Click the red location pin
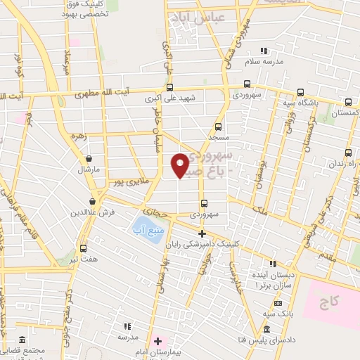click(x=180, y=164)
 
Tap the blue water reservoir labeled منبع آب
click(x=145, y=226)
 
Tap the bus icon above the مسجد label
click(x=218, y=127)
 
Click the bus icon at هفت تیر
click(x=84, y=247)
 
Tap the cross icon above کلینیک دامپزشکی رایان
click(x=201, y=233)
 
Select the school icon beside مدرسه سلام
click(x=264, y=51)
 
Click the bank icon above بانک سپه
click(x=278, y=303)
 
